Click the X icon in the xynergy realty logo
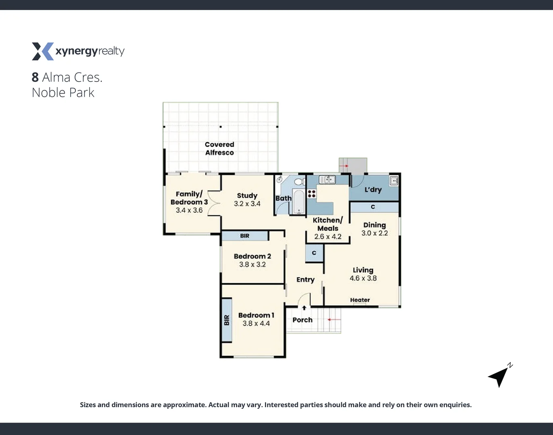point(42,52)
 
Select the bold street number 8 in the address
point(35,77)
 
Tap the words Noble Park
point(63,93)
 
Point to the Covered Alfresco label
point(219,148)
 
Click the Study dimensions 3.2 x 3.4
point(247,204)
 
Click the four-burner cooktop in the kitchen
point(311,194)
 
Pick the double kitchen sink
point(327,180)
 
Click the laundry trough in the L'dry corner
point(394,180)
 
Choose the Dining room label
point(374,225)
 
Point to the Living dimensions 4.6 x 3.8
point(363,278)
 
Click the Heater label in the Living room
point(360,300)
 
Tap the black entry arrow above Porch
point(304,308)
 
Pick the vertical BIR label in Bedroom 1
point(227,320)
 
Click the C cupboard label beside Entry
point(314,253)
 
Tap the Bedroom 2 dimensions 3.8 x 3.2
point(252,265)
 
